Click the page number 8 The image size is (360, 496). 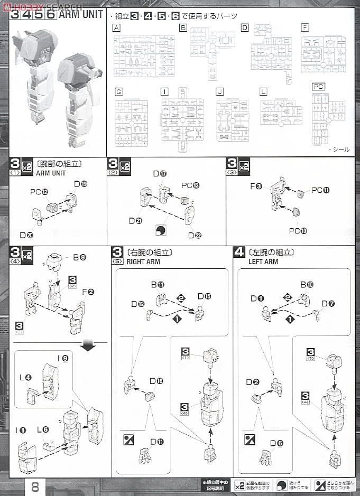click(35, 486)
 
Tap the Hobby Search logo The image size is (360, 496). click(42, 7)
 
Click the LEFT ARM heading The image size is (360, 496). click(263, 261)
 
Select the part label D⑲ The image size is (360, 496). click(80, 184)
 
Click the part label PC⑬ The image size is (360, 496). click(190, 185)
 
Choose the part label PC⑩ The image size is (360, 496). click(298, 230)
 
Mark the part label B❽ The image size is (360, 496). click(79, 257)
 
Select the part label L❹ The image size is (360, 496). click(25, 378)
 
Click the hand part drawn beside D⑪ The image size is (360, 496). click(143, 457)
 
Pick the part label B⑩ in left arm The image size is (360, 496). click(307, 285)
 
